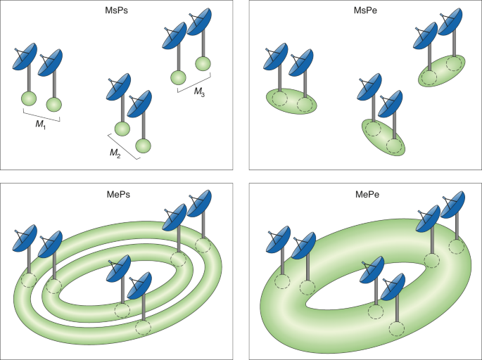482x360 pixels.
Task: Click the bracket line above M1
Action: tap(41, 115)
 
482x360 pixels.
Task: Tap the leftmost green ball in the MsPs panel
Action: tap(30, 99)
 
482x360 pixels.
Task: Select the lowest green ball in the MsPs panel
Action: tap(144, 146)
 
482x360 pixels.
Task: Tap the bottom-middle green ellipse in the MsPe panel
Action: tap(384, 137)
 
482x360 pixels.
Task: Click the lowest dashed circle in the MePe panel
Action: tap(397, 328)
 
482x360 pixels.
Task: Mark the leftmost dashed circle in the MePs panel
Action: tap(29, 281)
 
